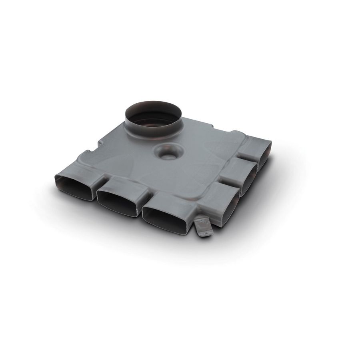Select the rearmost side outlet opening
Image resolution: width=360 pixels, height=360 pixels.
coord(264,154)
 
